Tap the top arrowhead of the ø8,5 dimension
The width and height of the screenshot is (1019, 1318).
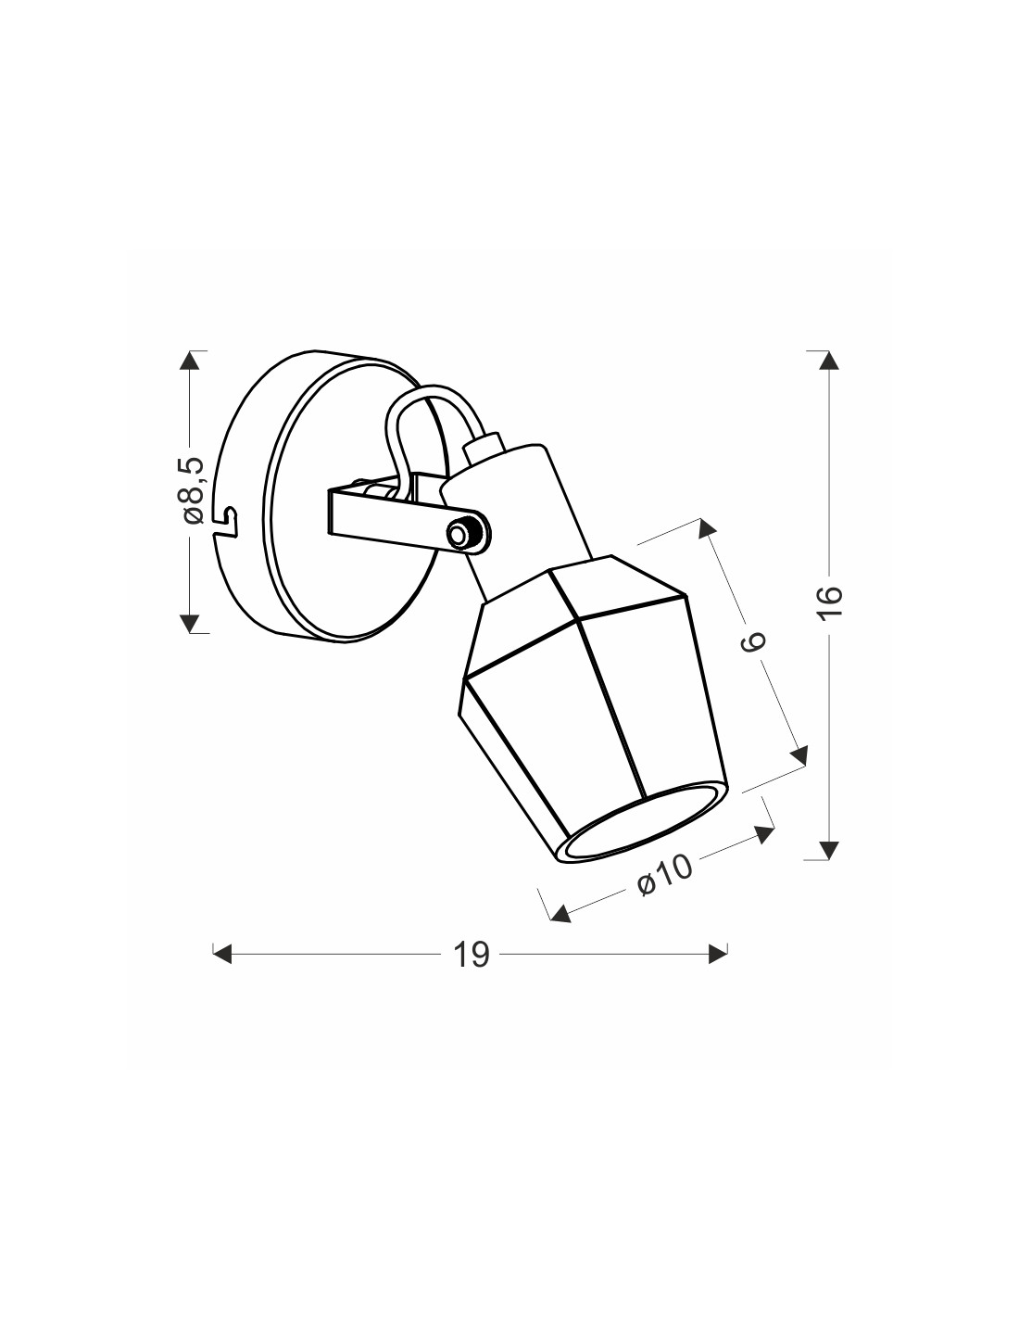click(x=190, y=361)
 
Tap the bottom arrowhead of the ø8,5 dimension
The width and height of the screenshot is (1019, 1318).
click(x=190, y=623)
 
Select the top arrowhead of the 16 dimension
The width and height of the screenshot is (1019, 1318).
click(x=829, y=361)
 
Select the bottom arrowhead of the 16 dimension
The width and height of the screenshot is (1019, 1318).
click(x=829, y=850)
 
